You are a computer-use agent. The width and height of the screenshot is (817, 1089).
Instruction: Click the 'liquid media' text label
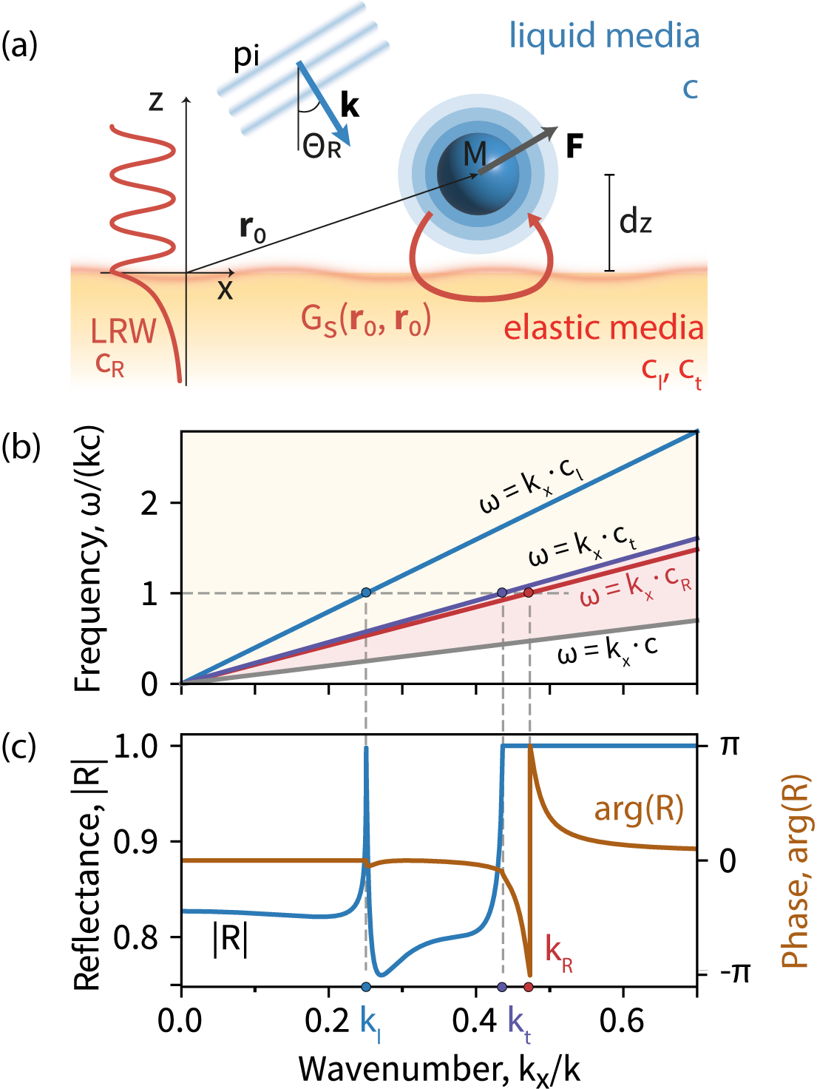click(603, 36)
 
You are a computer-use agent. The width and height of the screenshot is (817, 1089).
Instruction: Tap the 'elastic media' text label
click(603, 328)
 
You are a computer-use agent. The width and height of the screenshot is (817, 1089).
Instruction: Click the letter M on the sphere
click(475, 155)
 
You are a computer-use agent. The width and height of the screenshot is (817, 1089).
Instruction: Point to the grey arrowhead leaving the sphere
click(549, 134)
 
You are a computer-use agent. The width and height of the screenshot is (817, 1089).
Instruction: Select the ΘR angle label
click(322, 147)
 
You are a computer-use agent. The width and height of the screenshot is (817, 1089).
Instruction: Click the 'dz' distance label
click(635, 221)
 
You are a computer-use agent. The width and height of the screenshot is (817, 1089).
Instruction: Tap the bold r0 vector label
click(252, 229)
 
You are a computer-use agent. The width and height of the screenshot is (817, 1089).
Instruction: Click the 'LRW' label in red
click(123, 331)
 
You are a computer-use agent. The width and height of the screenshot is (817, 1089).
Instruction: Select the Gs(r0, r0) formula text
click(365, 320)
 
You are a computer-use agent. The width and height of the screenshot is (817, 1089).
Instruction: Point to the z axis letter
click(156, 101)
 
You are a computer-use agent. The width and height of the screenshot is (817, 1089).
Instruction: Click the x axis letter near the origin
click(225, 290)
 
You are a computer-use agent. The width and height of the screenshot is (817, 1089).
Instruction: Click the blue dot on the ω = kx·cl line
click(366, 593)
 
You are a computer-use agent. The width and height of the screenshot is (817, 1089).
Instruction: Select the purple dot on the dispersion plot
click(503, 593)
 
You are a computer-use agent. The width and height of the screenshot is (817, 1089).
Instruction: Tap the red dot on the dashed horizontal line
click(529, 593)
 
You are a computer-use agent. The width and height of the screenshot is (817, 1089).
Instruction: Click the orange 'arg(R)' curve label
click(639, 809)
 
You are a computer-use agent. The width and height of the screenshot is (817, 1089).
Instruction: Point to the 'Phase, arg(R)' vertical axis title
click(796, 871)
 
